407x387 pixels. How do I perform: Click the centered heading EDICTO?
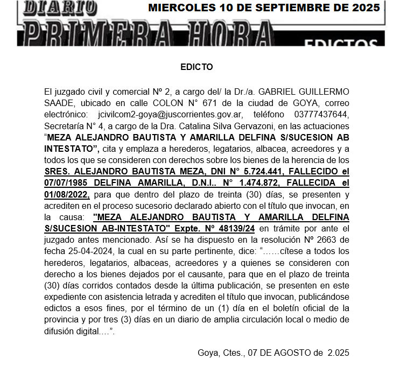coord(197,67)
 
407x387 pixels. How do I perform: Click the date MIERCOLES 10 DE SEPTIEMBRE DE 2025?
coord(264,8)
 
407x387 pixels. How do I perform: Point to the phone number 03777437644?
coord(325,114)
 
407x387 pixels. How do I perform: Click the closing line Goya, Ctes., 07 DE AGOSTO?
coord(273,353)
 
